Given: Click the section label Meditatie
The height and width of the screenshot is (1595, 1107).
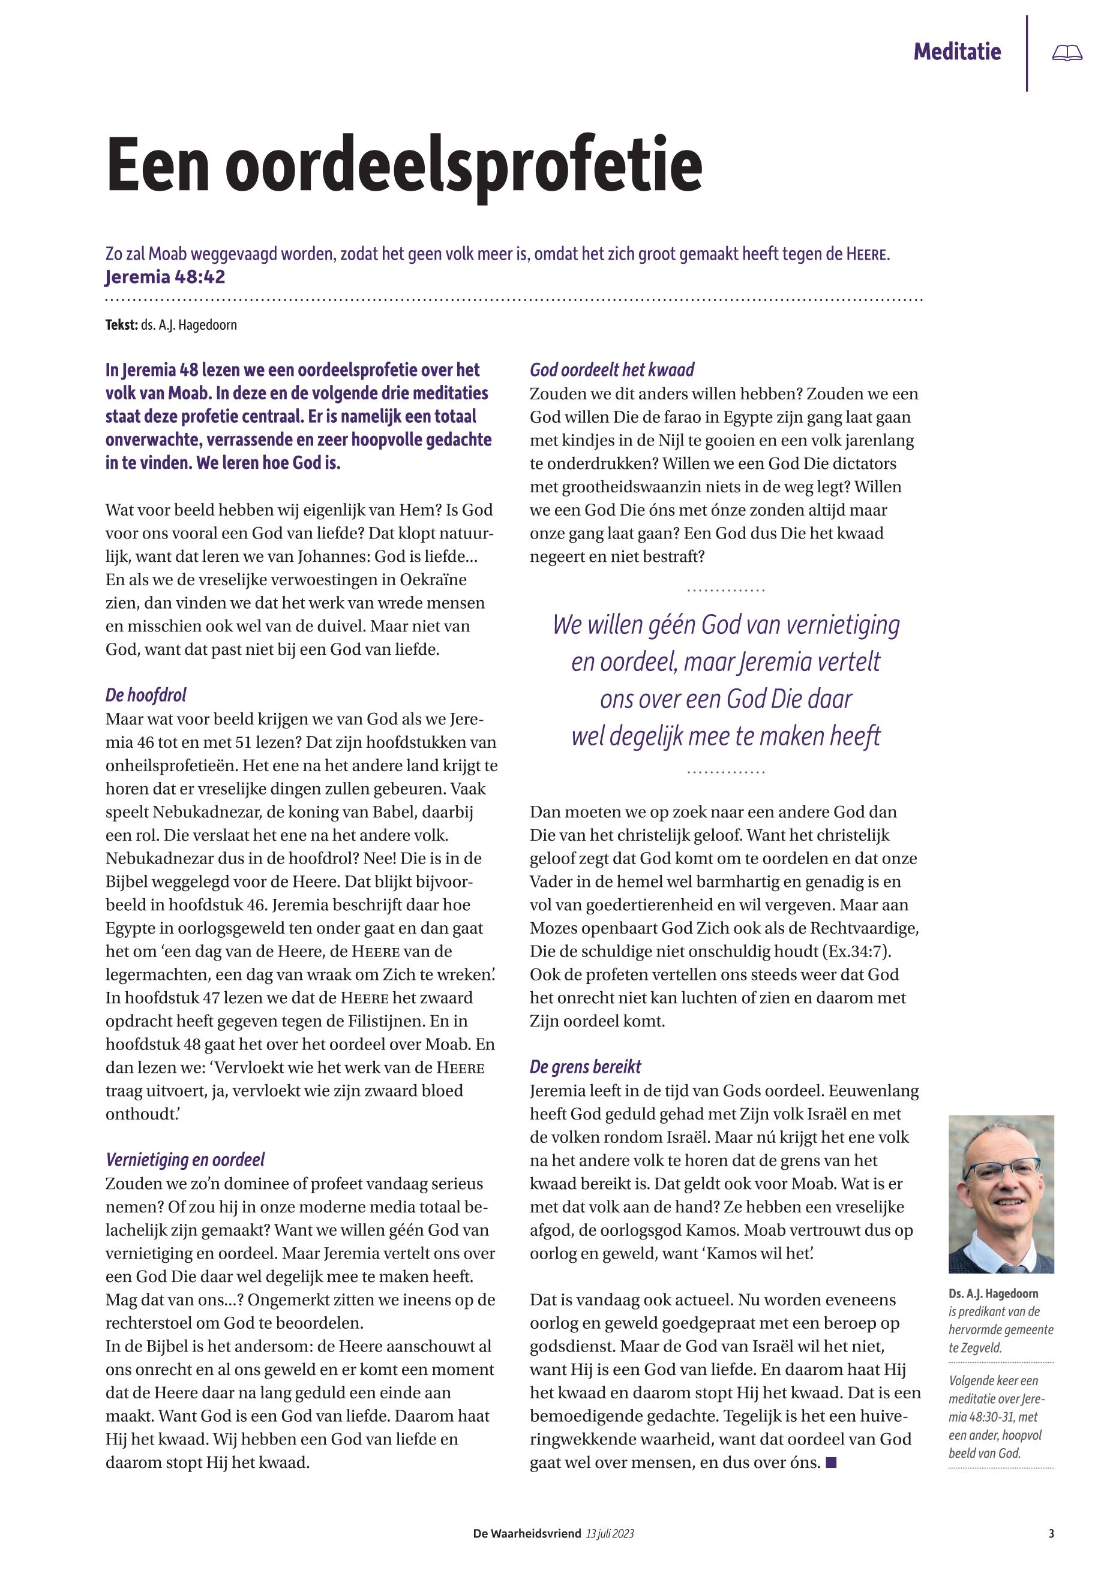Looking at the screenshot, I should (957, 52).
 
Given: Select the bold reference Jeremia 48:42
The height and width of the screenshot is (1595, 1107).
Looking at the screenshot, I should (165, 276).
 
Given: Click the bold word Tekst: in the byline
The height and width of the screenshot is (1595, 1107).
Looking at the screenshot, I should (121, 324).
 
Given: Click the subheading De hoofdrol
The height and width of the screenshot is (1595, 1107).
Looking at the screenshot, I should (146, 694).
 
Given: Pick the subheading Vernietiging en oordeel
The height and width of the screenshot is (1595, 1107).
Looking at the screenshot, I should (185, 1160).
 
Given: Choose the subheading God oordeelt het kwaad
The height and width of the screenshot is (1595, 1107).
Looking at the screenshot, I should (612, 369).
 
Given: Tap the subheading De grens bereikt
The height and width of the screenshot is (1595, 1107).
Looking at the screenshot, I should (586, 1067).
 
